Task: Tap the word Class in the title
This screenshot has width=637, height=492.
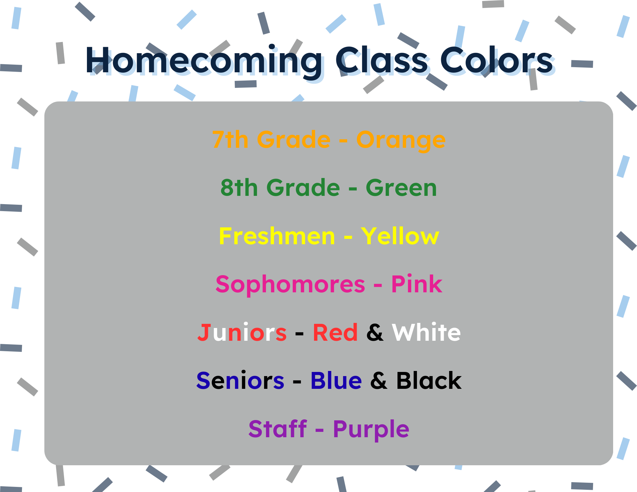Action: point(382,60)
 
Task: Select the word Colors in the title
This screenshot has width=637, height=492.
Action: point(497,60)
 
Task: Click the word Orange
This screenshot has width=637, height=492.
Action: point(401,140)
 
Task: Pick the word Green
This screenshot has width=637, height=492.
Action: point(401,188)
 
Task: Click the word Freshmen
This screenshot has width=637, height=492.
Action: point(277,236)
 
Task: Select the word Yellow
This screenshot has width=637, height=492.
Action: point(400,236)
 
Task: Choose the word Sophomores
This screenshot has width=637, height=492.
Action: point(290,285)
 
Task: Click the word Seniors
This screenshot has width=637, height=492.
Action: point(240,381)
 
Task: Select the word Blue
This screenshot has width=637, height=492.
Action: point(336,381)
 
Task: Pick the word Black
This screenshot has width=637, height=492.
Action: point(429,381)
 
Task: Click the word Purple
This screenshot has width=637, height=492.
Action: point(371,430)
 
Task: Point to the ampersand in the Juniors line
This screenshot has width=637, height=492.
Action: point(375,332)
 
